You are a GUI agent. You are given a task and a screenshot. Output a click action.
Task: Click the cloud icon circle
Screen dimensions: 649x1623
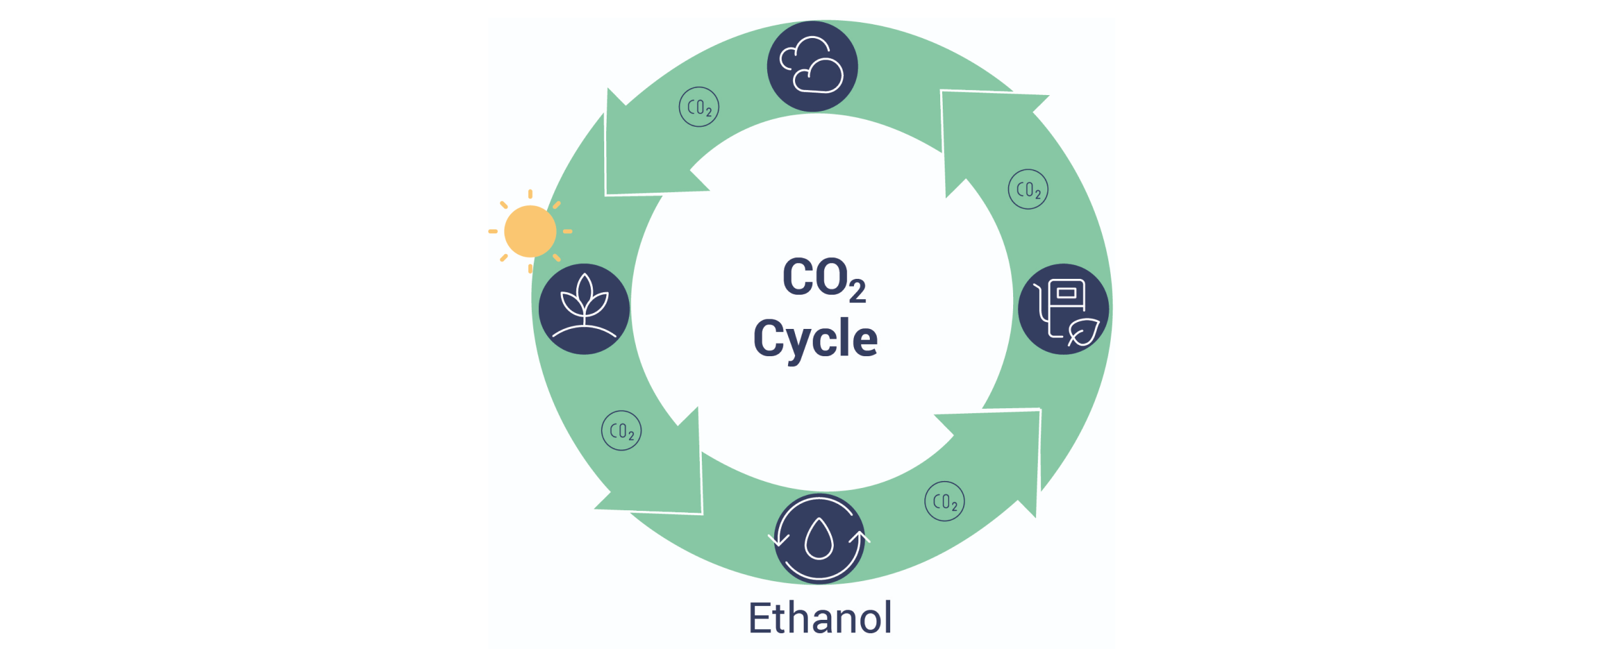pyautogui.click(x=812, y=67)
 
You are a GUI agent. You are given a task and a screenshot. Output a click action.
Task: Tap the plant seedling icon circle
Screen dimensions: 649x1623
pyautogui.click(x=584, y=309)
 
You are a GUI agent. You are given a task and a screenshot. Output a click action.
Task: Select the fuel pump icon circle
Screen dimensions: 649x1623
pyautogui.click(x=1063, y=309)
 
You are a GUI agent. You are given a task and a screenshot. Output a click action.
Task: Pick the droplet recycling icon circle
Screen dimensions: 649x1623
pyautogui.click(x=819, y=539)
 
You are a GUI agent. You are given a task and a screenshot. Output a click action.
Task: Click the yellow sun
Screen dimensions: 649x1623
pyautogui.click(x=530, y=231)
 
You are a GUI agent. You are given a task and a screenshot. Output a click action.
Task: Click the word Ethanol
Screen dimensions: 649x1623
pyautogui.click(x=820, y=618)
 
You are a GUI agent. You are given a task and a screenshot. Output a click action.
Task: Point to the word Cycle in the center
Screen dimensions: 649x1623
pyautogui.click(x=815, y=339)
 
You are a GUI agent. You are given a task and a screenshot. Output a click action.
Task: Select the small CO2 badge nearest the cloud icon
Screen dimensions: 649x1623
pyautogui.click(x=699, y=107)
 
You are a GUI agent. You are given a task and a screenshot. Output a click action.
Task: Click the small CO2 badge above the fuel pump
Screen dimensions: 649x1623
pyautogui.click(x=1028, y=190)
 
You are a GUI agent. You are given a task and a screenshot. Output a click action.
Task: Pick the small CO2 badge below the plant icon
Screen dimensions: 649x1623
pyautogui.click(x=621, y=431)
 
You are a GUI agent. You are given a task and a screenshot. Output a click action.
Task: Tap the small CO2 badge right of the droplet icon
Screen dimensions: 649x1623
pyautogui.click(x=945, y=501)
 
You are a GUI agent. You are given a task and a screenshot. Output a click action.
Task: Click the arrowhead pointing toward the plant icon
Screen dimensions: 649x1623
pyautogui.click(x=640, y=152)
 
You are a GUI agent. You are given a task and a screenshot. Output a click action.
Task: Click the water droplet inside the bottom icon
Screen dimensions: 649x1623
pyautogui.click(x=819, y=540)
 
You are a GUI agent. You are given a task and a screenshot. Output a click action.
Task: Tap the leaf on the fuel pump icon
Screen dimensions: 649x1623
pyautogui.click(x=1083, y=331)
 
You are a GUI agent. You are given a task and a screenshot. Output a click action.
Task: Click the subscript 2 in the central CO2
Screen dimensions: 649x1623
pyautogui.click(x=857, y=292)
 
